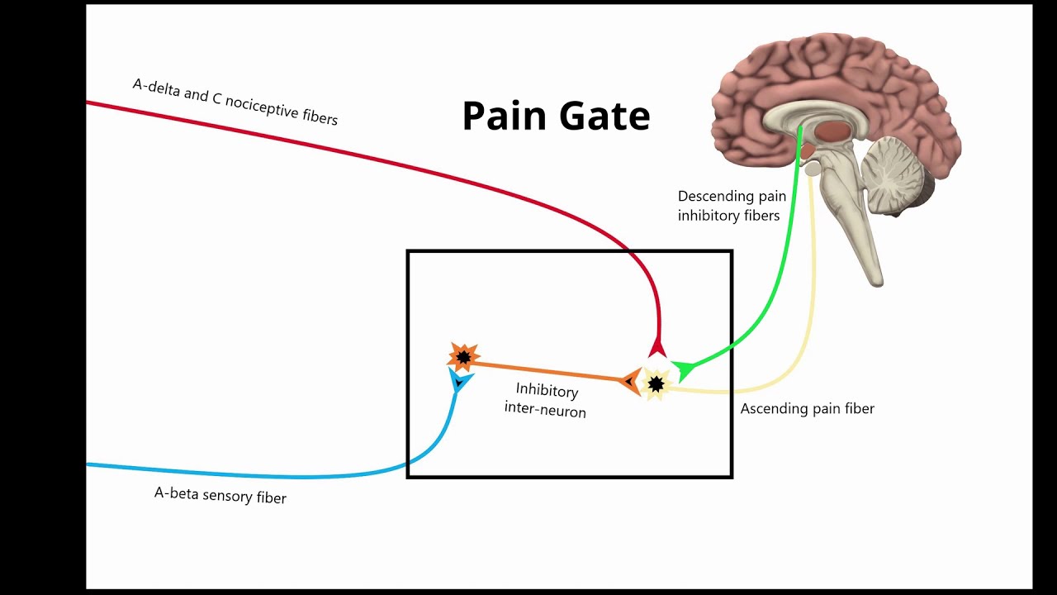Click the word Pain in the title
click(505, 117)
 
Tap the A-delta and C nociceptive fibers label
click(235, 102)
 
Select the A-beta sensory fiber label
click(220, 495)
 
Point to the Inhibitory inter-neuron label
click(546, 400)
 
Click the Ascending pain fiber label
click(807, 408)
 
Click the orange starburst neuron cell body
click(463, 357)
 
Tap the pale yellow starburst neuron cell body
click(656, 384)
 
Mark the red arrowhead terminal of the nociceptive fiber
click(657, 347)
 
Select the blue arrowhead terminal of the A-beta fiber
click(459, 381)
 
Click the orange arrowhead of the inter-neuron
click(631, 381)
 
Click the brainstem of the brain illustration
click(851, 223)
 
